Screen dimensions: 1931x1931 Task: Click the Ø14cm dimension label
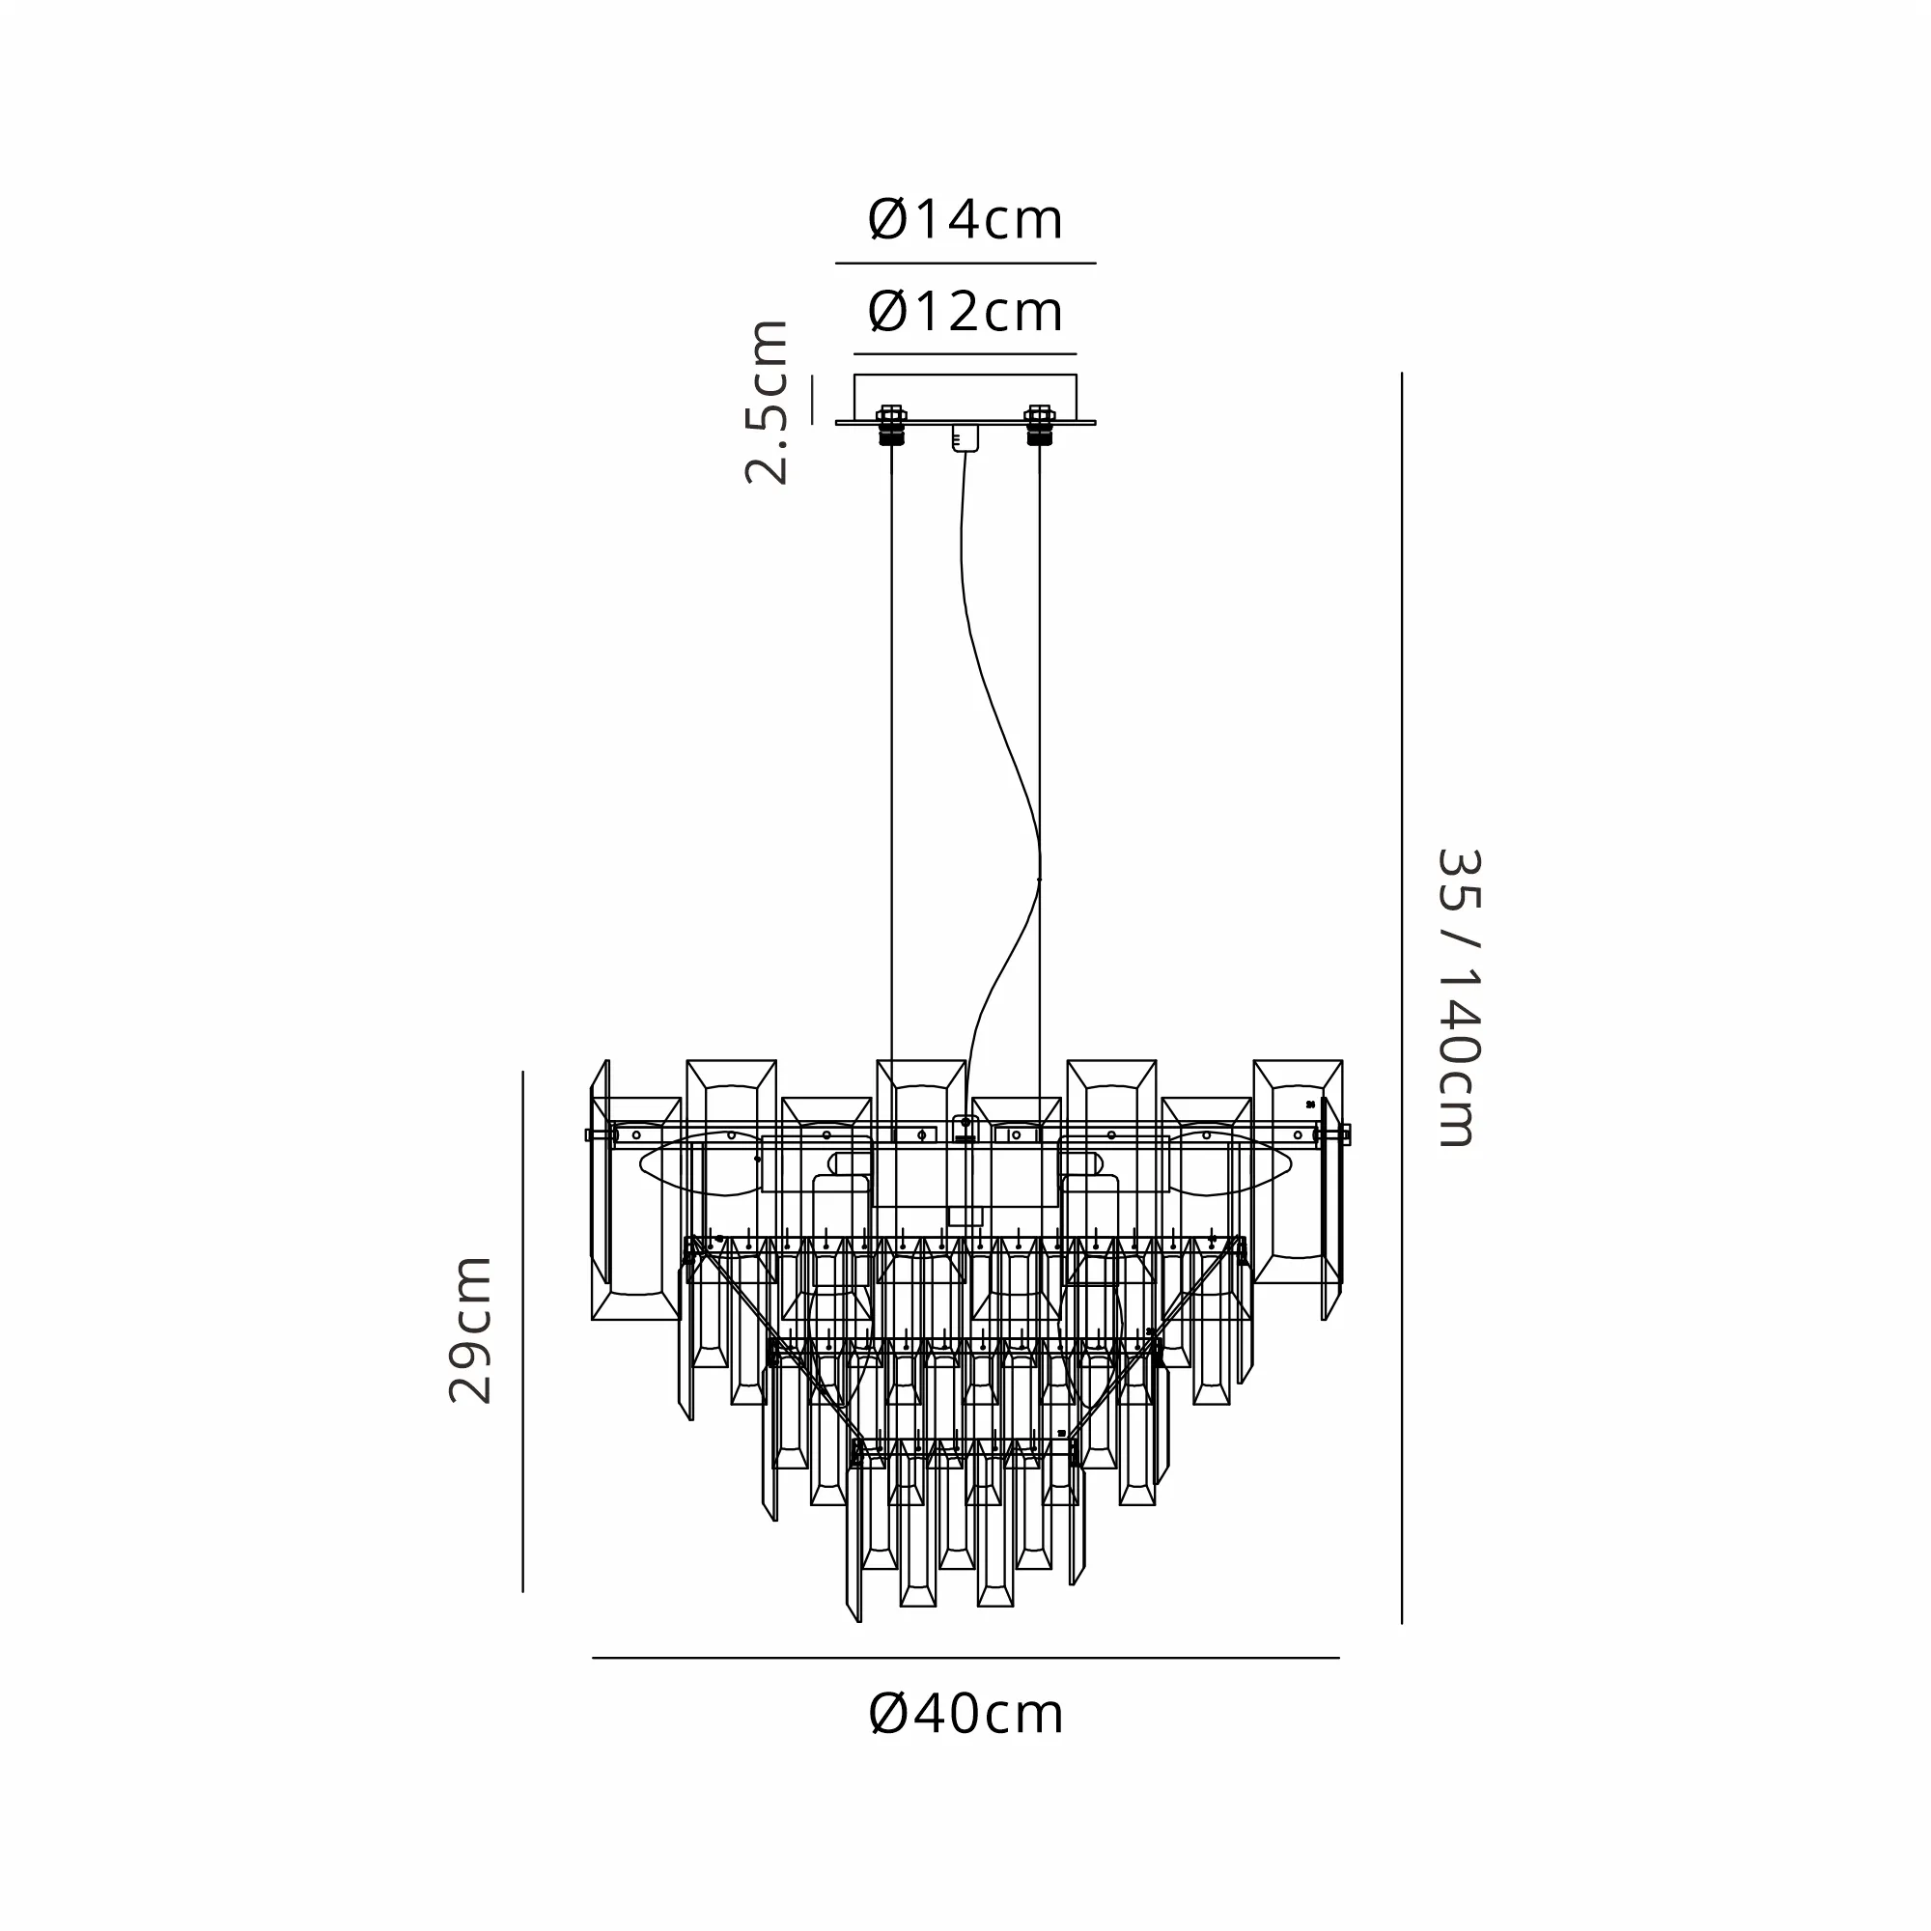click(x=965, y=221)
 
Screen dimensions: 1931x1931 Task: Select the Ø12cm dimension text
click(x=965, y=313)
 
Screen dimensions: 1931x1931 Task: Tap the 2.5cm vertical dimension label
click(x=768, y=403)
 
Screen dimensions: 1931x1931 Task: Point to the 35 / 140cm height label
click(x=1458, y=997)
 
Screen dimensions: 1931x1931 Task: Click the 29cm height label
click(x=471, y=1330)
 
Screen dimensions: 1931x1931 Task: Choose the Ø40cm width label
click(x=966, y=1714)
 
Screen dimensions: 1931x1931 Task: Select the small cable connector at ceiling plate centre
click(x=965, y=437)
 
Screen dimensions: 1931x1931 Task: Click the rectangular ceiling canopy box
click(x=965, y=397)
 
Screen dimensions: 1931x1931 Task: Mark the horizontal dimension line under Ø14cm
click(x=965, y=264)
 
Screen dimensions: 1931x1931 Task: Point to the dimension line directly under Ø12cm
click(x=965, y=353)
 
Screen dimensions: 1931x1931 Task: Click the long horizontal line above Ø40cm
click(x=965, y=1658)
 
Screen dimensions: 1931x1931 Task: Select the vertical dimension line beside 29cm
click(x=522, y=1330)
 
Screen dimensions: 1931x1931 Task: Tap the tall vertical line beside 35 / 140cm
click(x=1401, y=997)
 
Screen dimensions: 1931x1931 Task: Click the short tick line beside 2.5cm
click(x=813, y=399)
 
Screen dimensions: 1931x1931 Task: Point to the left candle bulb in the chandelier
click(x=700, y=1164)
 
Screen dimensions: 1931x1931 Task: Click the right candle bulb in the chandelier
click(x=1231, y=1164)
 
